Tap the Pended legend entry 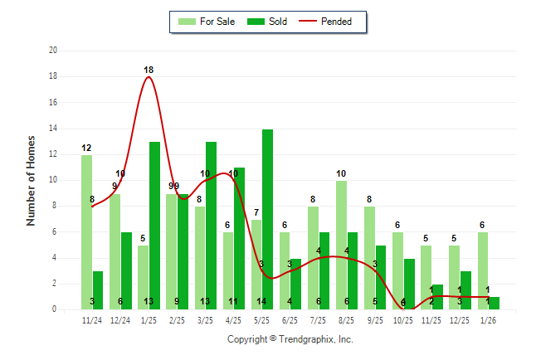[x=330, y=22]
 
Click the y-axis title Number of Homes [x=32, y=180]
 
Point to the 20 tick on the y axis [x=53, y=51]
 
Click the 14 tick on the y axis [x=53, y=129]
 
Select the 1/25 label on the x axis [x=149, y=319]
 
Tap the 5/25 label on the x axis [x=261, y=319]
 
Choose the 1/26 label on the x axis [x=488, y=319]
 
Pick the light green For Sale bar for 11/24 [x=86, y=232]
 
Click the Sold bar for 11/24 [x=98, y=290]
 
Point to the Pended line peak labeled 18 [x=149, y=76]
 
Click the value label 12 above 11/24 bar [x=86, y=148]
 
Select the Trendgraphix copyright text [x=290, y=339]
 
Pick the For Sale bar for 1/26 [x=482, y=270]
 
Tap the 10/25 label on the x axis [x=403, y=319]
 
